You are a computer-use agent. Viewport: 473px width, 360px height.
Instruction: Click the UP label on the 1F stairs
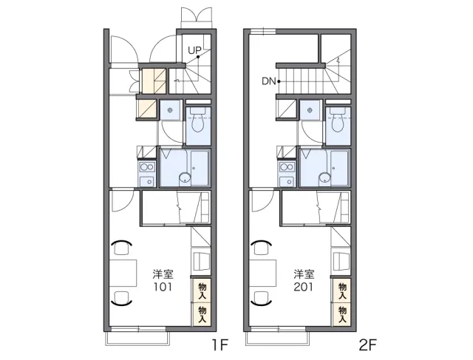(194, 50)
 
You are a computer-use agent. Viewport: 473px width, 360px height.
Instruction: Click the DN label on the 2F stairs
(269, 81)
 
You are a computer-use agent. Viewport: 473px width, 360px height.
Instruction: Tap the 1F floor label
(220, 345)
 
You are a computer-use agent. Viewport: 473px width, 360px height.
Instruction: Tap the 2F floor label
(368, 345)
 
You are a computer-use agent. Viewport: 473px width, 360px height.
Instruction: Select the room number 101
(163, 287)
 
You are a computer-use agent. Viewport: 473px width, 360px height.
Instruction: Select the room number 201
(304, 287)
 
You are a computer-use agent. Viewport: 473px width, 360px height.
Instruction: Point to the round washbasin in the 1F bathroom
(184, 179)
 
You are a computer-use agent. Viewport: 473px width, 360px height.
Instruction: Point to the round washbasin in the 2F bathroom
(324, 179)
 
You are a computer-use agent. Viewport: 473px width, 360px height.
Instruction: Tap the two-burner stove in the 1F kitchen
(147, 167)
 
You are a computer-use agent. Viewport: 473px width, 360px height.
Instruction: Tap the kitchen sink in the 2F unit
(287, 182)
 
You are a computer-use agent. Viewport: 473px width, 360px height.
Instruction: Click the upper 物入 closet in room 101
(202, 291)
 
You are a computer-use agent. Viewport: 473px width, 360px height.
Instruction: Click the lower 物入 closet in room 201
(342, 314)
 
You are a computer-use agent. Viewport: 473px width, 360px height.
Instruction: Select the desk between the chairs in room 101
(123, 273)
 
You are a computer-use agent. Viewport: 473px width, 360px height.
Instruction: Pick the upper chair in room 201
(262, 247)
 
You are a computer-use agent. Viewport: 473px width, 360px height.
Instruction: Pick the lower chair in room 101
(121, 299)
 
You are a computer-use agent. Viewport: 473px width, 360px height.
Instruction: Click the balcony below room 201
(277, 339)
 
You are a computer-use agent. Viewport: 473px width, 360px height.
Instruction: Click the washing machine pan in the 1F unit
(170, 110)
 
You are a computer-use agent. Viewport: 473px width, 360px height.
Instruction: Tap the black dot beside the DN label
(279, 81)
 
